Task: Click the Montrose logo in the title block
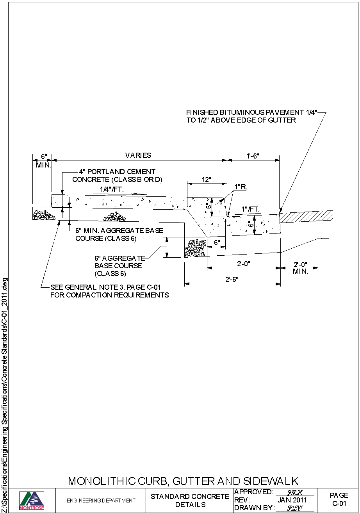pyautogui.click(x=32, y=500)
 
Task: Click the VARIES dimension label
pyautogui.click(x=138, y=155)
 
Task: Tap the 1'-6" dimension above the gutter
pyautogui.click(x=253, y=156)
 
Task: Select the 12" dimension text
pyautogui.click(x=207, y=180)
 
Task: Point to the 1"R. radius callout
pyautogui.click(x=241, y=187)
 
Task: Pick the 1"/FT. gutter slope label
pyautogui.click(x=251, y=209)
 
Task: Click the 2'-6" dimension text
pyautogui.click(x=232, y=280)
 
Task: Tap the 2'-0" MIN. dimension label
pyautogui.click(x=301, y=268)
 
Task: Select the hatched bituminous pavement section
pyautogui.click(x=307, y=217)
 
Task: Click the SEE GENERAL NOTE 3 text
pyautogui.click(x=105, y=287)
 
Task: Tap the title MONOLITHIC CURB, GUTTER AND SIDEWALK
pyautogui.click(x=183, y=481)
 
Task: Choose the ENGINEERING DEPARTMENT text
pyautogui.click(x=101, y=501)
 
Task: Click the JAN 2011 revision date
pyautogui.click(x=292, y=500)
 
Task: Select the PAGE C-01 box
pyautogui.click(x=339, y=500)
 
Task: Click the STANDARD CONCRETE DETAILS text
pyautogui.click(x=190, y=501)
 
